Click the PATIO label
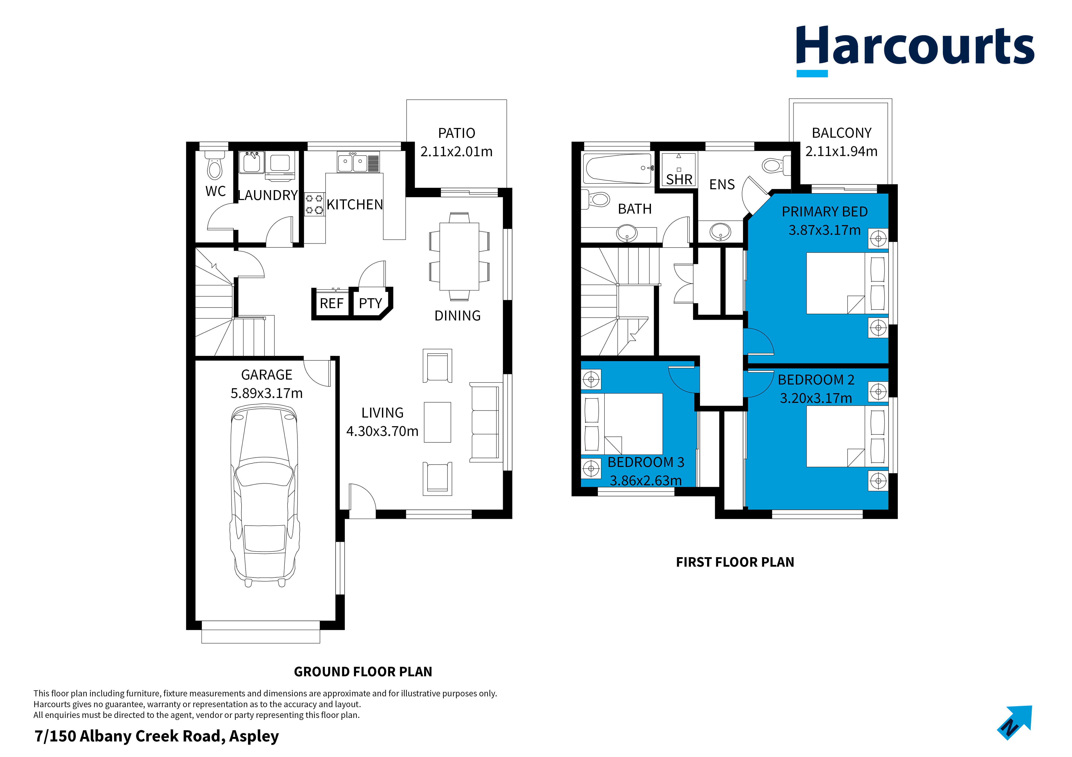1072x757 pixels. pos(457,133)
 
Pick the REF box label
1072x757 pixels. pos(331,304)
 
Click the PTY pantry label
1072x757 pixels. pos(370,304)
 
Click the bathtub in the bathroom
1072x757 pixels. pos(619,168)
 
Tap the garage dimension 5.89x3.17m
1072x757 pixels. pos(267,393)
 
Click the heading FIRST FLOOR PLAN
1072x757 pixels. pos(735,562)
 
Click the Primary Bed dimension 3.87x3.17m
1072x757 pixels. pos(825,230)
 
